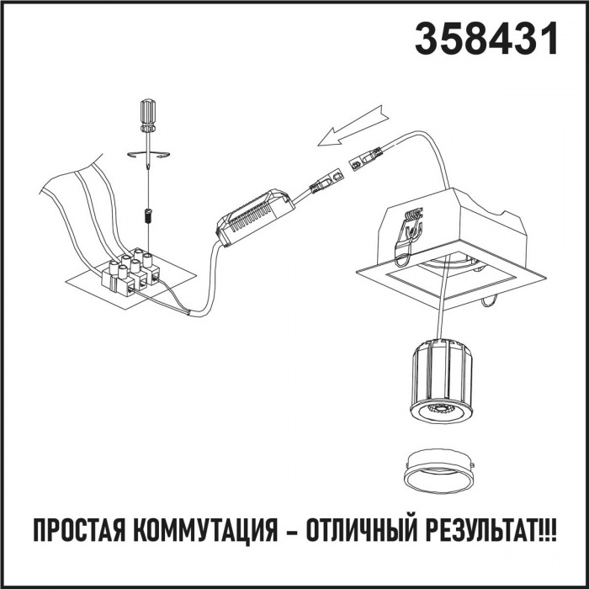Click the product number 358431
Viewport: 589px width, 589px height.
click(486, 39)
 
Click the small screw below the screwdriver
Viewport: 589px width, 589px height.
click(147, 216)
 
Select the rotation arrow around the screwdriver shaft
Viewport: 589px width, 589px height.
click(148, 154)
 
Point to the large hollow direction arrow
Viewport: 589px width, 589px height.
click(353, 125)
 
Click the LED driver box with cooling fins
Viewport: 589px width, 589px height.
click(256, 217)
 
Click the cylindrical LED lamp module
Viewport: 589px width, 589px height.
click(442, 380)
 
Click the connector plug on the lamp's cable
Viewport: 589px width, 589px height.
click(365, 159)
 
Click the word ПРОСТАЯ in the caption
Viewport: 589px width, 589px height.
click(80, 531)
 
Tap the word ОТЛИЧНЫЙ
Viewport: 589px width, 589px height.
click(362, 530)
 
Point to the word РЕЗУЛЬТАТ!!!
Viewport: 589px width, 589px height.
click(491, 531)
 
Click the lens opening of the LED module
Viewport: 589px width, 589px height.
click(442, 410)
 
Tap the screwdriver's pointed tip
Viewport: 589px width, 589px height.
click(148, 169)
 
